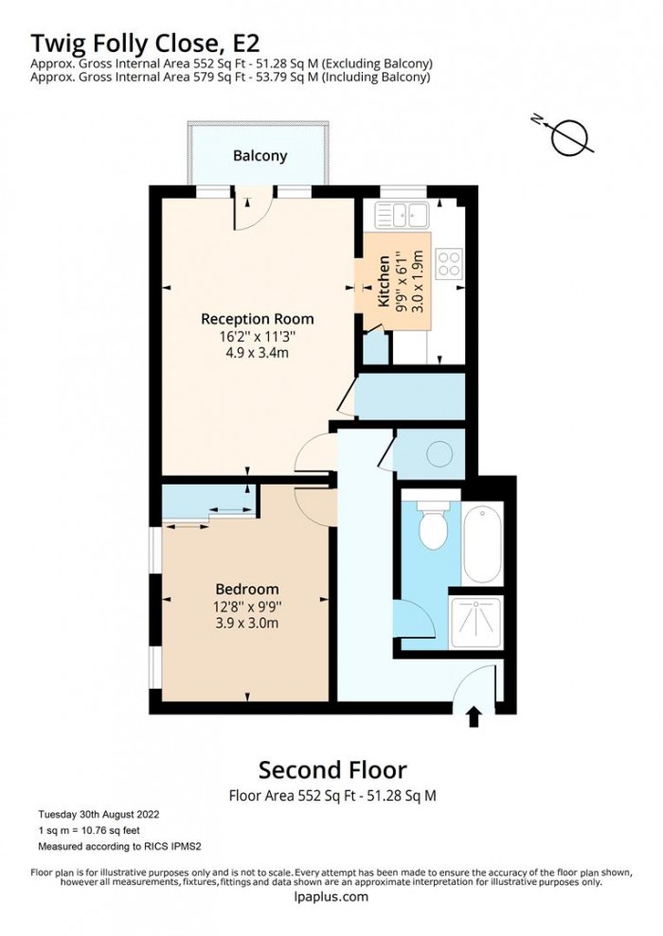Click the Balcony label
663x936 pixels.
pos(260,156)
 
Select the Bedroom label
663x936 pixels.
pos(246,588)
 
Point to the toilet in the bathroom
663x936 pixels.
pos(432,526)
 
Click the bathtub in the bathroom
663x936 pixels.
pos(482,544)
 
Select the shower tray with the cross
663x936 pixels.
pos(475,621)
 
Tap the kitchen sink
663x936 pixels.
pos(404,215)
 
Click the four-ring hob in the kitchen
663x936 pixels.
pos(448,262)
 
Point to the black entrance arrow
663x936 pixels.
pos(473,715)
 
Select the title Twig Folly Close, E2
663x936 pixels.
pos(146,43)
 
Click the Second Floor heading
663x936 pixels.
pos(333,768)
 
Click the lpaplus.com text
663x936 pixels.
pos(331,897)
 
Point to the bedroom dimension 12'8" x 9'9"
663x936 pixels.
pos(246,606)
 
